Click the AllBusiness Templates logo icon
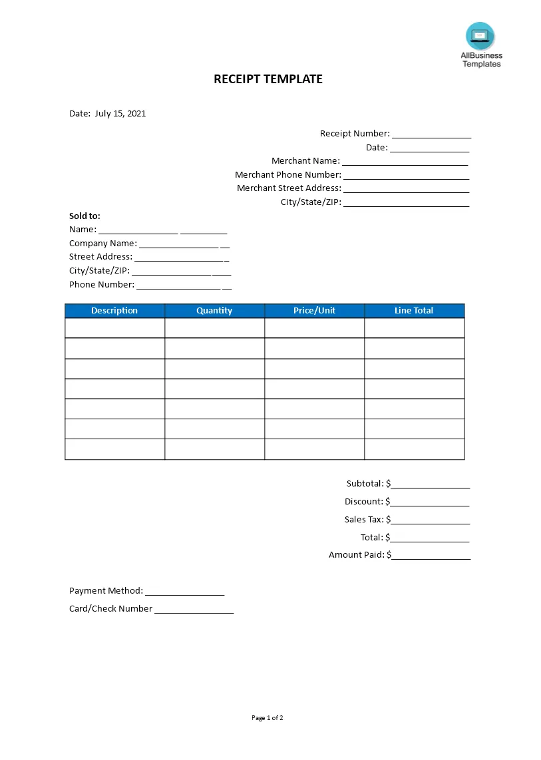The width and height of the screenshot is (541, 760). [480, 36]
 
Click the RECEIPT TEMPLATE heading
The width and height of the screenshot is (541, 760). [268, 79]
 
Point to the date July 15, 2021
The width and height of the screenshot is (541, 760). [120, 114]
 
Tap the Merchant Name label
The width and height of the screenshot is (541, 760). [305, 161]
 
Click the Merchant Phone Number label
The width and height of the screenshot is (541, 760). [287, 175]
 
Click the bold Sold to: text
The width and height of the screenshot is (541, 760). [85, 216]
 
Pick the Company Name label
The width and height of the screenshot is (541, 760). [103, 244]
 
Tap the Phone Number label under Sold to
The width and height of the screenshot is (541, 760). [102, 285]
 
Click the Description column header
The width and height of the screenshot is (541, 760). [114, 311]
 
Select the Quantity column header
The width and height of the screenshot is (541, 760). [214, 311]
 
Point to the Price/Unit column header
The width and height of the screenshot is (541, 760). [314, 311]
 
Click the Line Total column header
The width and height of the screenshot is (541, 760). [414, 311]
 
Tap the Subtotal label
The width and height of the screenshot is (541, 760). [365, 484]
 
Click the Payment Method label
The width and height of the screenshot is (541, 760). [106, 591]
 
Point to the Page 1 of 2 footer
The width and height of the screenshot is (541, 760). [268, 718]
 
